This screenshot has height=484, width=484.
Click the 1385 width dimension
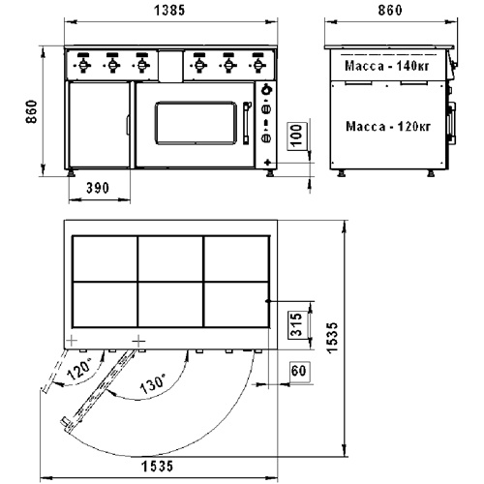(x=169, y=11)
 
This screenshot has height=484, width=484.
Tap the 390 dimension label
(x=98, y=188)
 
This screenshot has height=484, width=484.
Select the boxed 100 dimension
(x=296, y=135)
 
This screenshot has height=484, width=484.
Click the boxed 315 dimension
(x=296, y=324)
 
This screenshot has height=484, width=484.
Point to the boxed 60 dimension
(x=299, y=371)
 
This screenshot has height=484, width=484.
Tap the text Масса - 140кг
(x=387, y=66)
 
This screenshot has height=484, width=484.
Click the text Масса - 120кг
(x=388, y=126)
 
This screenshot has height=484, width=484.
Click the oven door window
(x=196, y=123)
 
